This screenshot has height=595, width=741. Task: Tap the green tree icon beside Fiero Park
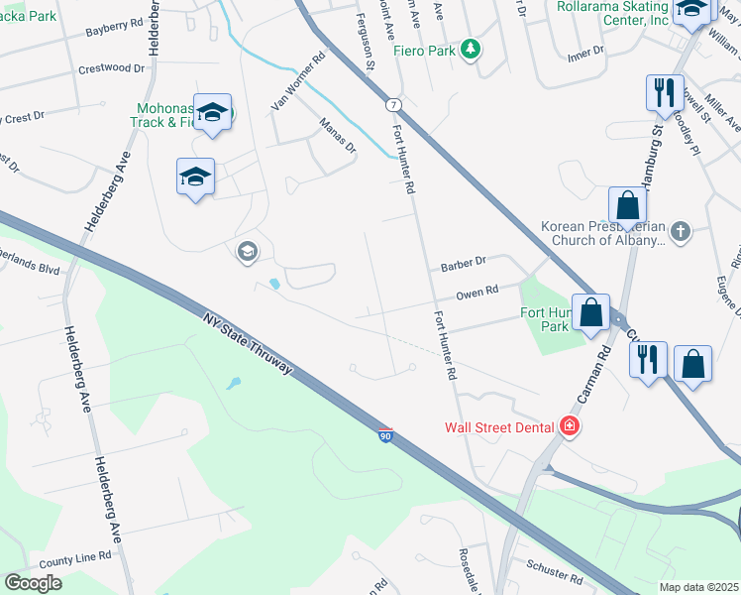point(473,48)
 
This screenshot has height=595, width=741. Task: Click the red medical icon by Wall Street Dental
point(570,427)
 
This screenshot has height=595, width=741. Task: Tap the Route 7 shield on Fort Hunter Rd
point(394,104)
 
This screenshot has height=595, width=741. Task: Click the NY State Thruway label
point(247,343)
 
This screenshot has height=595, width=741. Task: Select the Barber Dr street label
point(463,264)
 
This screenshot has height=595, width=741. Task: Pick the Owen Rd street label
point(476,294)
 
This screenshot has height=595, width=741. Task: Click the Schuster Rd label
point(556,574)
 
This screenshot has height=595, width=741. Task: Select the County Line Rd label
point(75,558)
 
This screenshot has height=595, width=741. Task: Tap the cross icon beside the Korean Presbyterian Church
point(680,232)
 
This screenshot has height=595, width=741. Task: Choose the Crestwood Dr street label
point(110,70)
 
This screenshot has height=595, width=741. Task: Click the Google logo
point(34,583)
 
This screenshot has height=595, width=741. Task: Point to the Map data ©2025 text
point(698,587)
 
